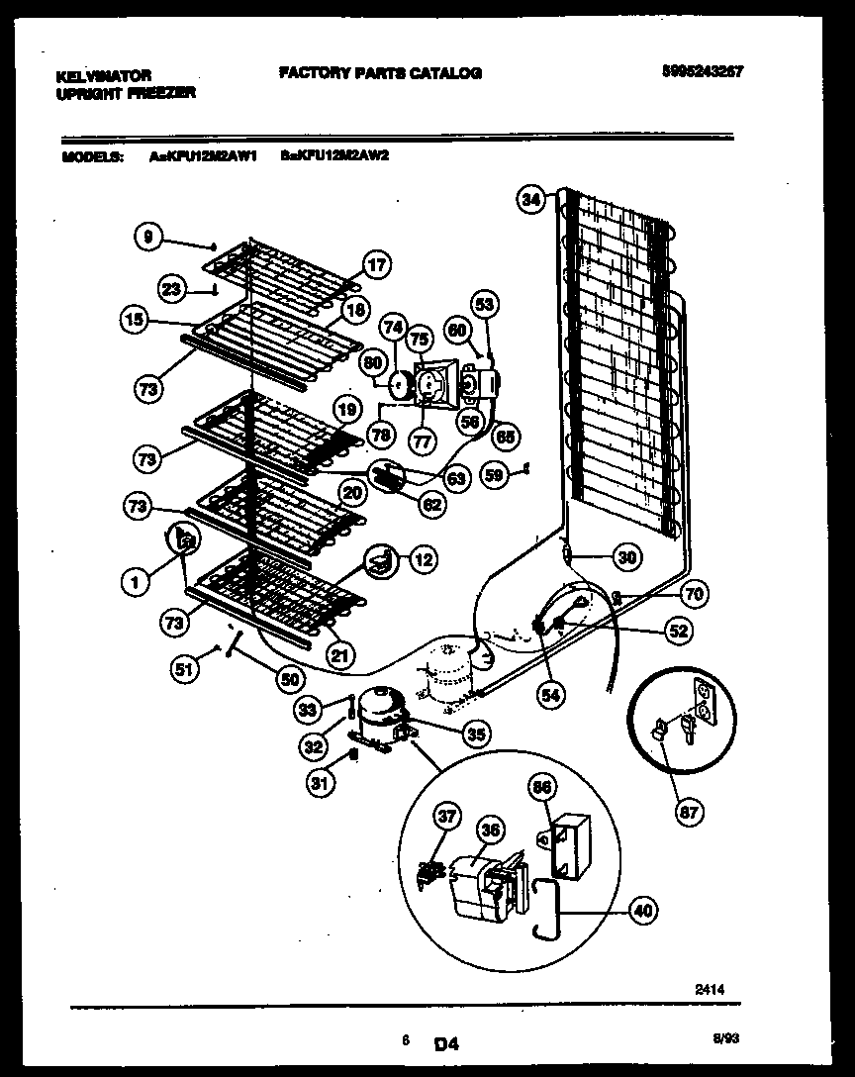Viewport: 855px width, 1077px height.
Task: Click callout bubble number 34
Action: click(x=532, y=201)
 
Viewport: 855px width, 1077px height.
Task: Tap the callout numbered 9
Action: click(x=147, y=236)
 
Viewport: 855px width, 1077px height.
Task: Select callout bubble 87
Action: click(x=689, y=813)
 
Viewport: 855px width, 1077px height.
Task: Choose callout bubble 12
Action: click(x=423, y=560)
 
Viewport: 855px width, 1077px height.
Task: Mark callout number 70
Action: click(x=694, y=595)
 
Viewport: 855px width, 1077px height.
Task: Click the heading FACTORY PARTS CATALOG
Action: click(x=380, y=73)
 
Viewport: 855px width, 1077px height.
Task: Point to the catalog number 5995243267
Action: click(x=704, y=71)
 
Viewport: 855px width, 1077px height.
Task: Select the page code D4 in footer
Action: click(x=446, y=1042)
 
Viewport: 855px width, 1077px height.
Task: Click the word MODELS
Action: click(x=91, y=155)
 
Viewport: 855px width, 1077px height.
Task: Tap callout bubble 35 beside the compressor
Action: click(x=477, y=734)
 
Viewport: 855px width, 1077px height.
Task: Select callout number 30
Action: click(x=625, y=557)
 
